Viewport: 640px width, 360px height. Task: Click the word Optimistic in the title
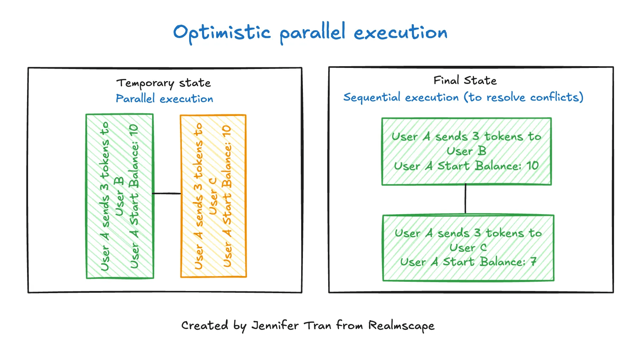[x=222, y=33]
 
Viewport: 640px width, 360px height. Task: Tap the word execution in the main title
[x=400, y=33]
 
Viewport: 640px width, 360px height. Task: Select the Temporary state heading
[x=164, y=83]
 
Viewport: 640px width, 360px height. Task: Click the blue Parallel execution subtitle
[x=164, y=99]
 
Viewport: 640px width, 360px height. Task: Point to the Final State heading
[x=465, y=81]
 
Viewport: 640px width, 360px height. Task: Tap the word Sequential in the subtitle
[x=372, y=97]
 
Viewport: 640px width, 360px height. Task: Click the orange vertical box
[x=213, y=196]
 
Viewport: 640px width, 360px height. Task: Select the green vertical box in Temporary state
[x=120, y=196]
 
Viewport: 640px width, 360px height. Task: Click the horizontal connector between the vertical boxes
[x=167, y=194]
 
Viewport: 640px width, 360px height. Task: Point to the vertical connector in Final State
[x=465, y=200]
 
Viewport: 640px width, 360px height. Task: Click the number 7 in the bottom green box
[x=533, y=262]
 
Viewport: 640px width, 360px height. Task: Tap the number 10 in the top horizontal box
[x=532, y=166]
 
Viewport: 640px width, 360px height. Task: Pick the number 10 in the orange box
[x=226, y=133]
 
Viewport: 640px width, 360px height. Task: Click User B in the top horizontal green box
[x=466, y=151]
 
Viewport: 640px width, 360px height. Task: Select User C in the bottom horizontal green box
[x=468, y=248]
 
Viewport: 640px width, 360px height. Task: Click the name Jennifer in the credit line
[x=275, y=325]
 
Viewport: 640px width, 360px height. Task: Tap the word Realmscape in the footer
[x=401, y=325]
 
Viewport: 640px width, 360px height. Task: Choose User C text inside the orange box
[x=213, y=196]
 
